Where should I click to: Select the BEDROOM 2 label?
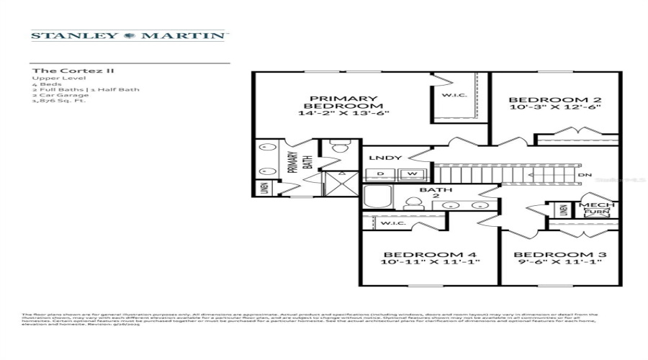tap(554, 100)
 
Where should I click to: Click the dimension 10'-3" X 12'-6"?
tap(554, 107)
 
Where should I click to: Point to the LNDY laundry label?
tap(381, 158)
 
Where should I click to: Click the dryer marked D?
tap(379, 174)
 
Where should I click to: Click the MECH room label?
tap(593, 204)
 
